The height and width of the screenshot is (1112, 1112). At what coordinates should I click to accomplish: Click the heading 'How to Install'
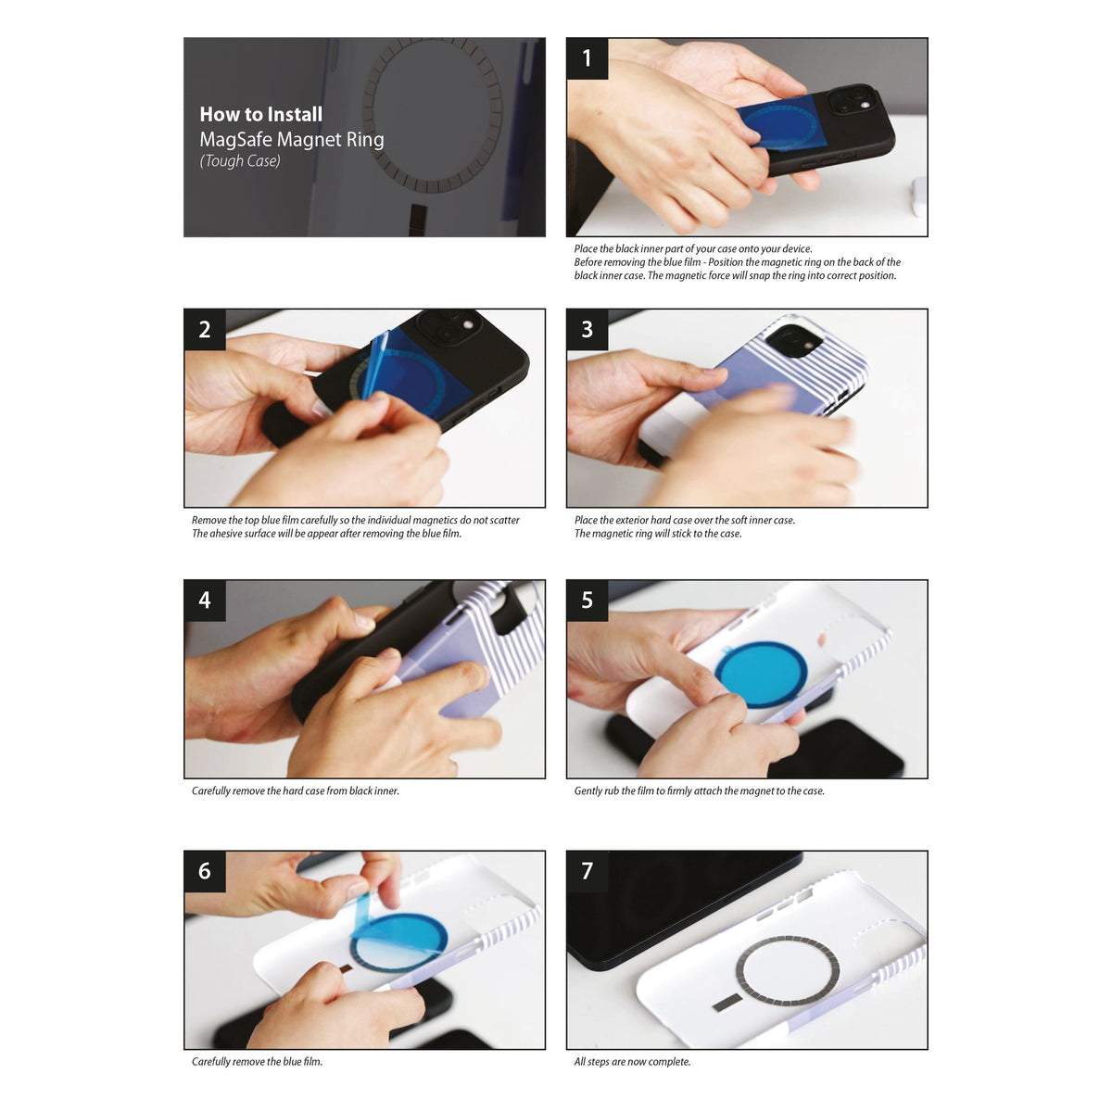(261, 115)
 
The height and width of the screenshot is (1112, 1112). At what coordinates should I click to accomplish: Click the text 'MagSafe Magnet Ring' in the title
(292, 140)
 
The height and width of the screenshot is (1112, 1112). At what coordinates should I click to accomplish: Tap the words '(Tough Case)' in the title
(240, 161)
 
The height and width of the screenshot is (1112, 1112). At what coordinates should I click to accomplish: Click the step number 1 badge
(587, 58)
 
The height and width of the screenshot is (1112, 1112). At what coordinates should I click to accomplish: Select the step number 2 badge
(205, 329)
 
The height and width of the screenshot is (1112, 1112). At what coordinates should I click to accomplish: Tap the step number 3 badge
(587, 329)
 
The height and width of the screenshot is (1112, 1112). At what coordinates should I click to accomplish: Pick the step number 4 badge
(205, 600)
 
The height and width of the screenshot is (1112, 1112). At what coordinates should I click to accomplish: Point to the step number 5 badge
(587, 600)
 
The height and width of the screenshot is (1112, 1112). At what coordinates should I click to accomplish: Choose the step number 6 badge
(205, 871)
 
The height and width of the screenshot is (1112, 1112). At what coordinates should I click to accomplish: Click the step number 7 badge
(587, 871)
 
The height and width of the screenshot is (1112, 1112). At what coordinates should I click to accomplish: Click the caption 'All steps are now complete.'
(632, 1062)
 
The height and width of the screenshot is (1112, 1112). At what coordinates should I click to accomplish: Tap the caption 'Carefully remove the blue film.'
(257, 1062)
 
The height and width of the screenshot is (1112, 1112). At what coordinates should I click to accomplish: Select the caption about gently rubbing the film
(699, 791)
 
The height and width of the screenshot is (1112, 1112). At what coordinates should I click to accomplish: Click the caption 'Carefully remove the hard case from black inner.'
(295, 791)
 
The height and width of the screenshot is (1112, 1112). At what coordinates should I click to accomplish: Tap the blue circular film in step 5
(760, 673)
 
